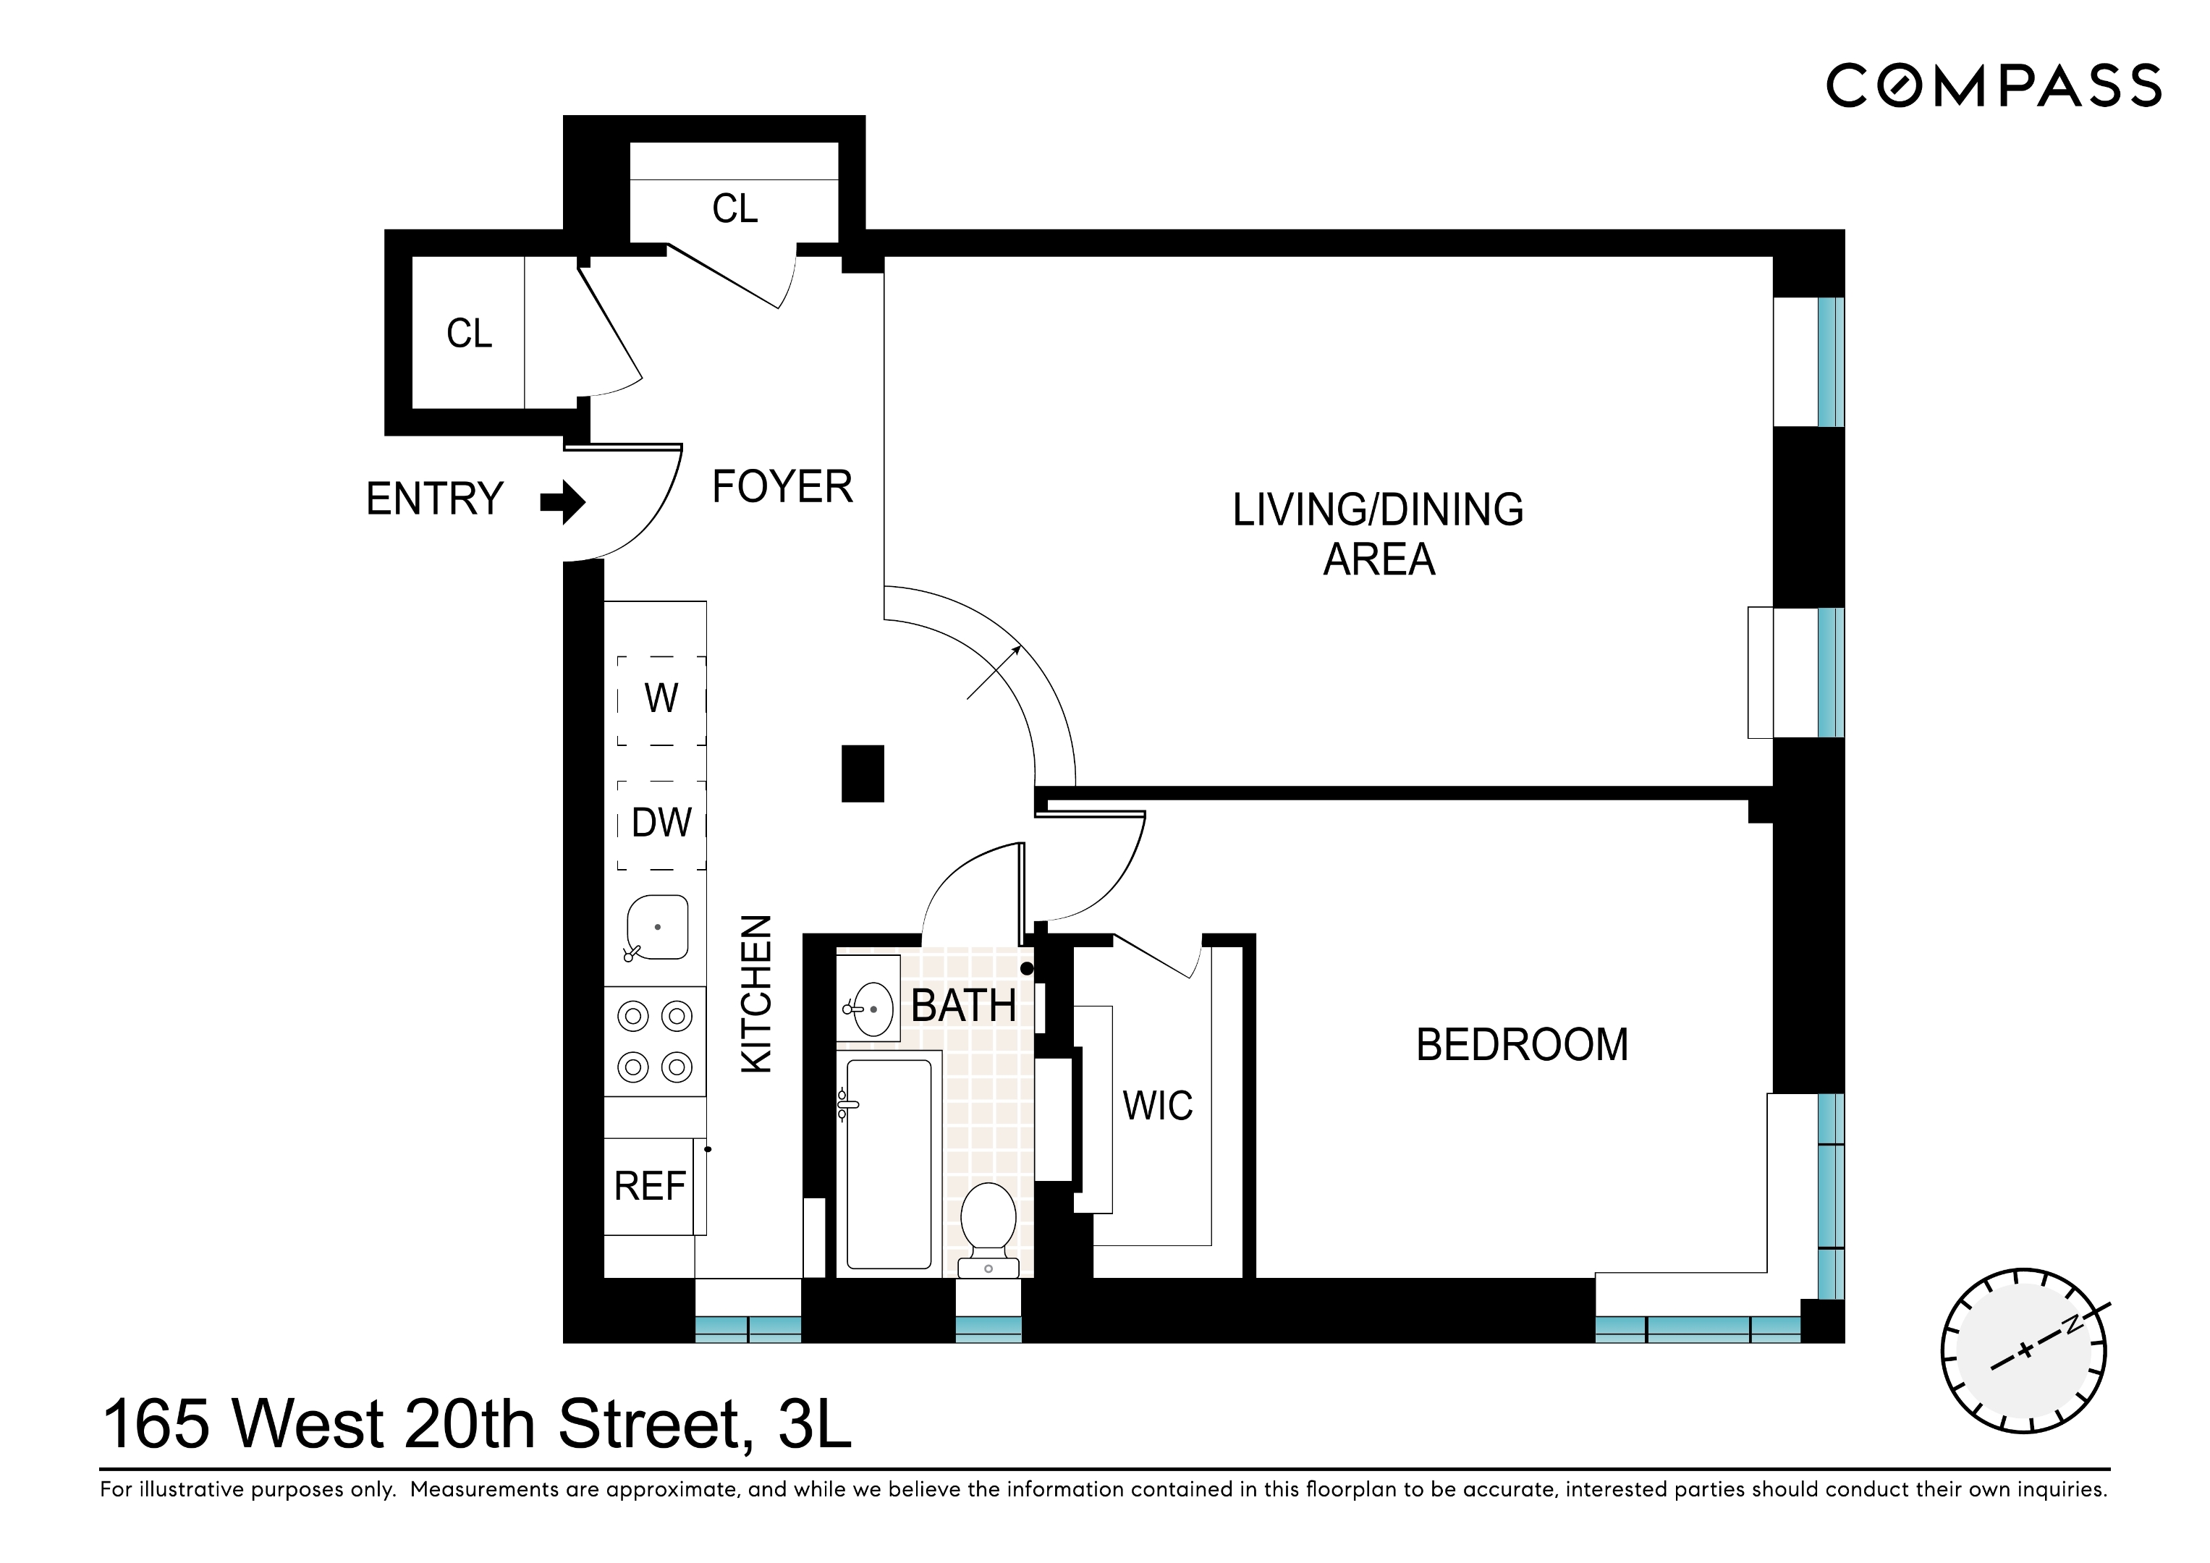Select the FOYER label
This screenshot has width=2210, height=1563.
click(782, 487)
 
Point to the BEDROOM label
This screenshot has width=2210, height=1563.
click(1522, 1045)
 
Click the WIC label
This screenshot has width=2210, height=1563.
click(1157, 1106)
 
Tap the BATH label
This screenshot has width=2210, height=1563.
click(963, 1007)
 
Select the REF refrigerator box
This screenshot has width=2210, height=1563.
click(650, 1187)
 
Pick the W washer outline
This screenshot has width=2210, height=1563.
click(661, 700)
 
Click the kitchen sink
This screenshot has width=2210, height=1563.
click(657, 928)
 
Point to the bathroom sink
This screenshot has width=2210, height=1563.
click(871, 1009)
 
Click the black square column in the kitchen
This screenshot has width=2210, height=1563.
click(863, 773)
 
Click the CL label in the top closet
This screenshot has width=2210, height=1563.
click(734, 209)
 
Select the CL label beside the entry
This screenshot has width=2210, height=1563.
click(469, 334)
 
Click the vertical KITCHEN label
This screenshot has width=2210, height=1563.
click(756, 994)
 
